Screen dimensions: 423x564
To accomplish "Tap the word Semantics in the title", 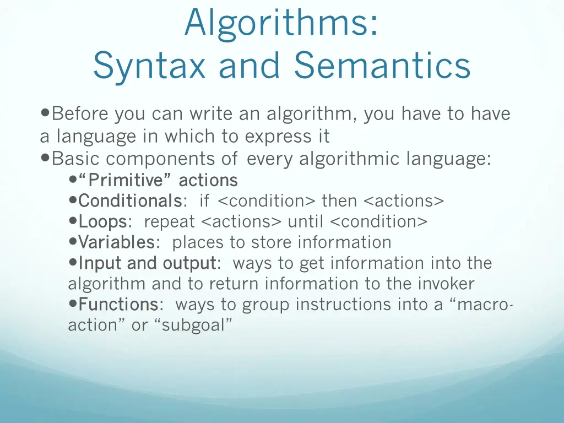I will pyautogui.click(x=382, y=66).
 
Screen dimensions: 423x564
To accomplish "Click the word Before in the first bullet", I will pyautogui.click(x=80, y=114).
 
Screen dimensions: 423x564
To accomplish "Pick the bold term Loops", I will pyautogui.click(x=103, y=221).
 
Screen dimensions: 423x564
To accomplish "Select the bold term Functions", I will pyautogui.click(x=118, y=304).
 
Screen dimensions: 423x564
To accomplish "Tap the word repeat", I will pyautogui.click(x=169, y=221).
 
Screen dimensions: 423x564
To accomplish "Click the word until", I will pyautogui.click(x=306, y=221).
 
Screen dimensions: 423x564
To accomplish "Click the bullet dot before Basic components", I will pyautogui.click(x=45, y=159).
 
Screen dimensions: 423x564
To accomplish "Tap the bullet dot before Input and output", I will pyautogui.click(x=73, y=263).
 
